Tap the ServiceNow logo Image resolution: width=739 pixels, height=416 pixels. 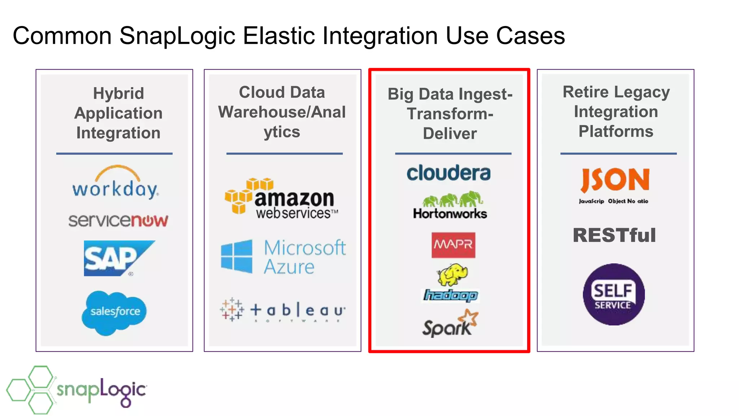[x=118, y=220]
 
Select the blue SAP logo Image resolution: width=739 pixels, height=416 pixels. [x=115, y=258]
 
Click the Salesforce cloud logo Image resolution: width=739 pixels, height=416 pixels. [x=114, y=312]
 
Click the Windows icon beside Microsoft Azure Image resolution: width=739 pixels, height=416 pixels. [x=237, y=256]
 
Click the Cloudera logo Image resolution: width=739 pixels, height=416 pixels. [x=449, y=173]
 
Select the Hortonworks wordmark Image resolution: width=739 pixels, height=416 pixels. [x=450, y=214]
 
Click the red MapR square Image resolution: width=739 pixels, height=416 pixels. [x=453, y=245]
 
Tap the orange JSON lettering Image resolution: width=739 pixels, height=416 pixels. [x=615, y=180]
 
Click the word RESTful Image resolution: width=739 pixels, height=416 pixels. [x=614, y=235]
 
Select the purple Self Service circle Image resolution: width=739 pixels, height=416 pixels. [x=613, y=294]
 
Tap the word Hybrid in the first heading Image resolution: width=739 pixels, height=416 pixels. [x=118, y=94]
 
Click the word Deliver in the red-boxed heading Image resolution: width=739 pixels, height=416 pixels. [x=450, y=134]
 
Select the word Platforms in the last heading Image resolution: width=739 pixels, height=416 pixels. [x=616, y=131]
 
